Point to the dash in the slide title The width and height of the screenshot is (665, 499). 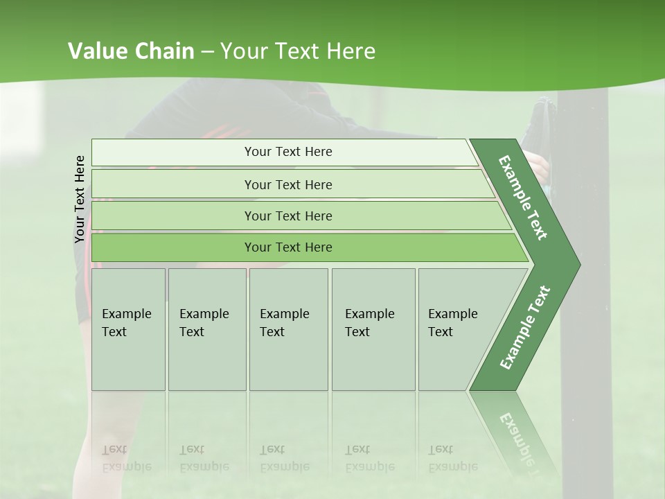pos(207,52)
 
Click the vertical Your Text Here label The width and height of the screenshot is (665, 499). pos(80,199)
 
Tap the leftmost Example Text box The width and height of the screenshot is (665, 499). pos(128,329)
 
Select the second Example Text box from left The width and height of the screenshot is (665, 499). pos(207,329)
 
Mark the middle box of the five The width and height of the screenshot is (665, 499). pos(288,329)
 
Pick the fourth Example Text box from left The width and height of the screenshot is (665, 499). pos(373,329)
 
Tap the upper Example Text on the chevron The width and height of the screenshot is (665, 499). pos(524,198)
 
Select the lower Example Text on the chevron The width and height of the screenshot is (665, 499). pos(525,328)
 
